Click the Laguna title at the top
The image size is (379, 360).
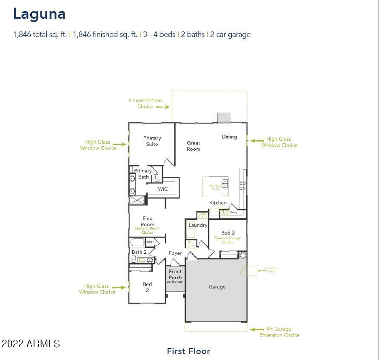39,14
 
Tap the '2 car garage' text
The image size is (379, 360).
230,34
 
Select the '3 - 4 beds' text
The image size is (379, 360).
159,34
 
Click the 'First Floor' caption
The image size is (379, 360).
188,351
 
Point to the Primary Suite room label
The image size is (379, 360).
152,141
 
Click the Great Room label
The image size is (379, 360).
194,146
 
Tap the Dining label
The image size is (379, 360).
229,137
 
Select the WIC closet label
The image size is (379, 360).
163,189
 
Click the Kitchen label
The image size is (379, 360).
218,203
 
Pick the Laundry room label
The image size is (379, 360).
198,225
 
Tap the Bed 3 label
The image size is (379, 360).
228,232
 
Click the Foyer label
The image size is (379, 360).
175,253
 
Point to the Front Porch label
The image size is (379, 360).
175,275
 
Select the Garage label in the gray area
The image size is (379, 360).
217,287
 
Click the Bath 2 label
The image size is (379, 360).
139,252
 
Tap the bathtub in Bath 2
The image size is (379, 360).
137,243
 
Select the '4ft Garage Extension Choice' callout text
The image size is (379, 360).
279,332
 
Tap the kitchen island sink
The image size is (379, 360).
225,183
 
